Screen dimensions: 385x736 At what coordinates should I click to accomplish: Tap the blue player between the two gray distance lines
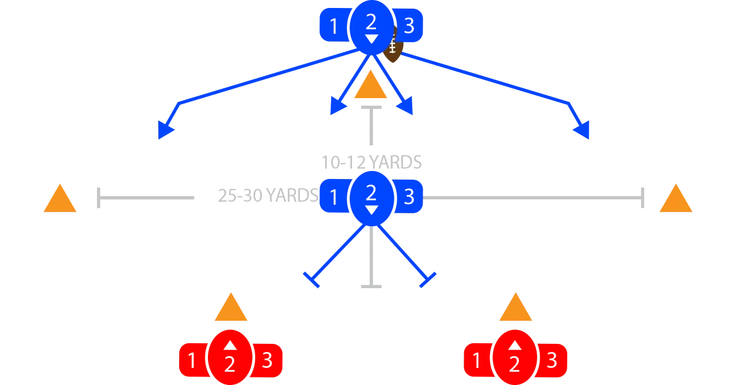(371, 197)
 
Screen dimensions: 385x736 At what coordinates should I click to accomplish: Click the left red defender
(230, 359)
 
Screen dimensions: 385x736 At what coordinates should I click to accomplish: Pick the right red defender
(515, 359)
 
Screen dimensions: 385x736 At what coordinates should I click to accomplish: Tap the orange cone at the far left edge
(59, 199)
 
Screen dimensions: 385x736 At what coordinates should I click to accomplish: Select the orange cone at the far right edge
(676, 199)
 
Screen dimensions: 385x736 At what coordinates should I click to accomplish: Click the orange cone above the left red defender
(230, 308)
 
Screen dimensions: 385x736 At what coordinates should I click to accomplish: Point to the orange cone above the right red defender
(515, 308)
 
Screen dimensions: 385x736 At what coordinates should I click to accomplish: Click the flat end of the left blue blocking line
(313, 280)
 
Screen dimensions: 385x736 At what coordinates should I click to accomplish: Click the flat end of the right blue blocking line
(427, 280)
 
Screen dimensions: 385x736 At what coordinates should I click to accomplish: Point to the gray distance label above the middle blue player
(370, 162)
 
